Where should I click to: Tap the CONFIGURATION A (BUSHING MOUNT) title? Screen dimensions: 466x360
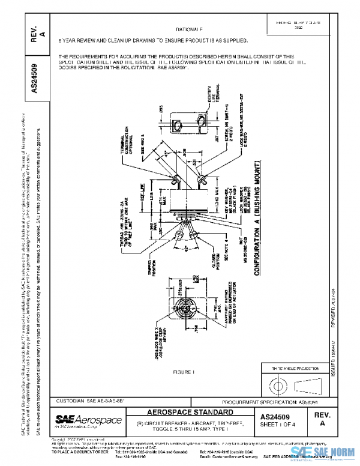coord(258,216)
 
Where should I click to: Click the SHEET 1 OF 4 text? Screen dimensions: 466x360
coord(284,423)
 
